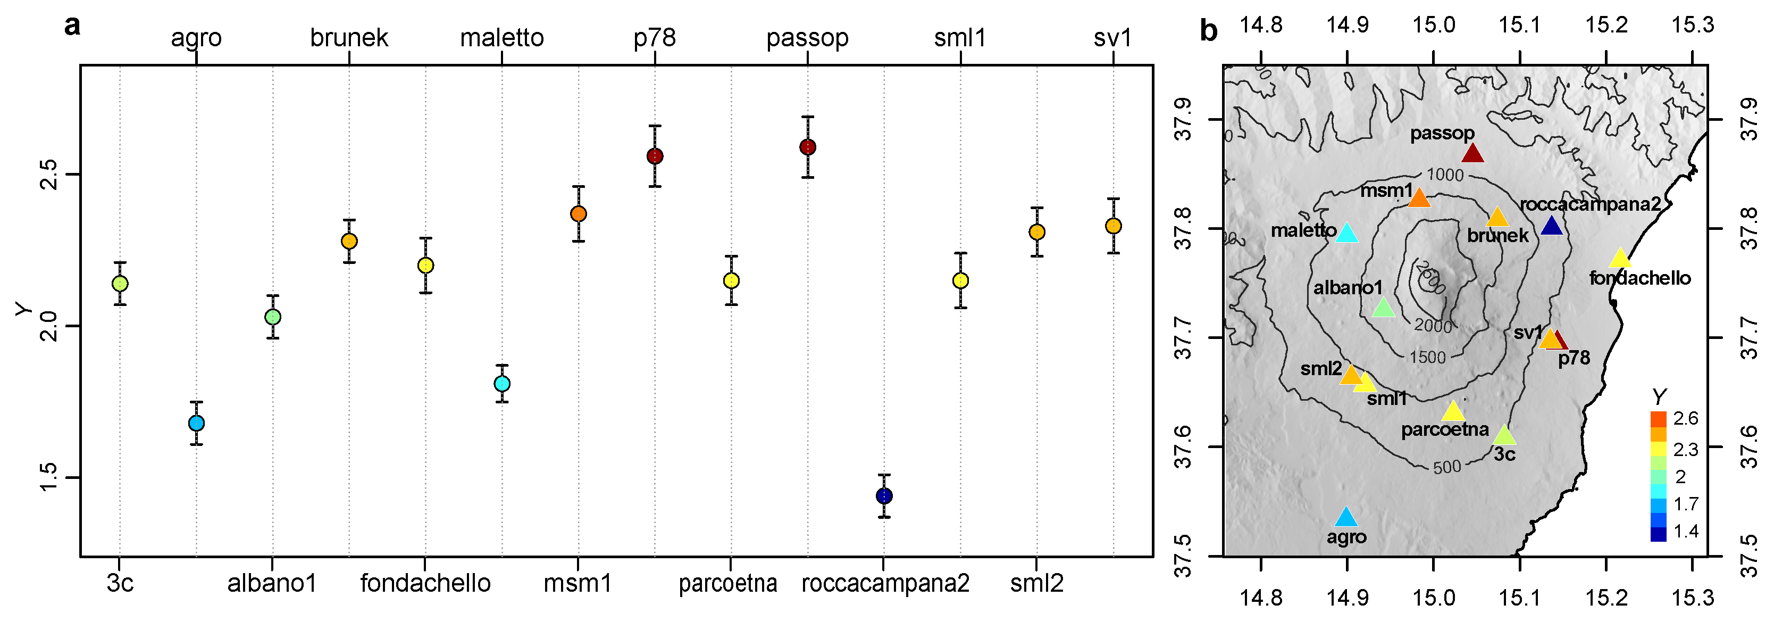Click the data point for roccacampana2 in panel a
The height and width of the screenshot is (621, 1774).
[x=884, y=495]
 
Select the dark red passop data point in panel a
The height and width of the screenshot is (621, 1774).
[x=808, y=147]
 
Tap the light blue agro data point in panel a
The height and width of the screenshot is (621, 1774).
[x=196, y=423]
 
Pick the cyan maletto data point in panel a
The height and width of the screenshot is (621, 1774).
[x=502, y=383]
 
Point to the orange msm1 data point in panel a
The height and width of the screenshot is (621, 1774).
[x=579, y=214]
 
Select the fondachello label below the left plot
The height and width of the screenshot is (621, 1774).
[x=425, y=584]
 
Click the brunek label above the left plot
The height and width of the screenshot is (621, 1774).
[x=349, y=38]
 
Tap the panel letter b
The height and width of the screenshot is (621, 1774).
[x=1209, y=30]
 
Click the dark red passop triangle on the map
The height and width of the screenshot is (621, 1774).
[x=1472, y=153]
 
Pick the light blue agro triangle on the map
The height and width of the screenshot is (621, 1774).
[x=1346, y=517]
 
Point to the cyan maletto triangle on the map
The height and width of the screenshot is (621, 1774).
[x=1347, y=233]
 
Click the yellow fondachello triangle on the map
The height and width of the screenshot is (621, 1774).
[x=1620, y=258]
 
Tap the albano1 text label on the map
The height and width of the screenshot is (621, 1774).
[x=1348, y=287]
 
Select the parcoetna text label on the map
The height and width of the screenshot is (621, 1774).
[x=1445, y=429]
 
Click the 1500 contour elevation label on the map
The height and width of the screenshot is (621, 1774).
[x=1427, y=357]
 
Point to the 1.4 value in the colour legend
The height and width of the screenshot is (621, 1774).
[x=1686, y=531]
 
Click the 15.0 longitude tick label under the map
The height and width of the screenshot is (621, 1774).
[x=1433, y=597]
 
